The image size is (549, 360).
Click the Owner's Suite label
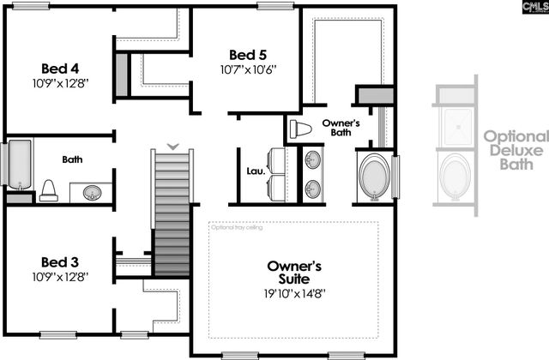[293, 273]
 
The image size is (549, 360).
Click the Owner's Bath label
[341, 128]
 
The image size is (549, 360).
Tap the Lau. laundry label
[255, 170]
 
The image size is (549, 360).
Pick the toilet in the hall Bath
[48, 190]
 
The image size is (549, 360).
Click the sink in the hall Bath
[93, 192]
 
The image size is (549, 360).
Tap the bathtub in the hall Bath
[19, 165]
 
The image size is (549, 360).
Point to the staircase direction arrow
[173, 146]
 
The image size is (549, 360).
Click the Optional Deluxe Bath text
[515, 148]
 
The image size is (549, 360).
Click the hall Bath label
[72, 159]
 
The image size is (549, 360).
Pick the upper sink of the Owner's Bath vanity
[312, 159]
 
